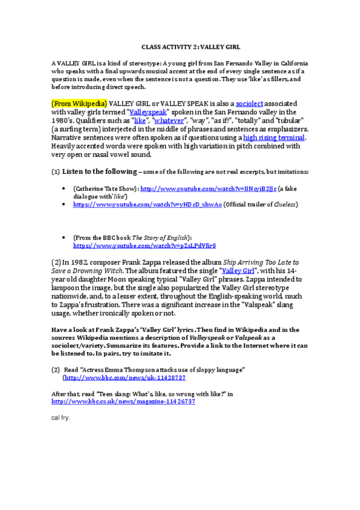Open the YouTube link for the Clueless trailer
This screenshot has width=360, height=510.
(147, 204)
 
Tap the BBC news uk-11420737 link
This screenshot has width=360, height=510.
(125, 377)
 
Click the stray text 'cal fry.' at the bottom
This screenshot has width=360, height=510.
(61, 417)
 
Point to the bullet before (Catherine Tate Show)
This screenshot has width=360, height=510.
(64, 188)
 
